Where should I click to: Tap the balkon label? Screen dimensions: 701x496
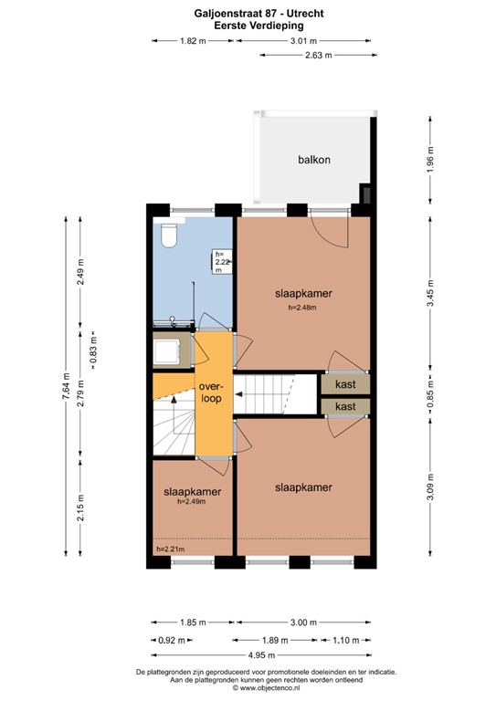pyautogui.click(x=313, y=160)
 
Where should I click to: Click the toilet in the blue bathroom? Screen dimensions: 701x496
pyautogui.click(x=168, y=236)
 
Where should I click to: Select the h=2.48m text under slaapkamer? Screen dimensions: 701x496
pyautogui.click(x=302, y=308)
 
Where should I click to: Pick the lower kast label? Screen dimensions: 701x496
pyautogui.click(x=344, y=406)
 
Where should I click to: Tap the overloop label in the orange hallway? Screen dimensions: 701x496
pyautogui.click(x=212, y=392)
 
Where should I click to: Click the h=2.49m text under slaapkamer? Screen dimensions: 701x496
pyautogui.click(x=193, y=501)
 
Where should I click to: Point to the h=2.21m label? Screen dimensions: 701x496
pyautogui.click(x=170, y=549)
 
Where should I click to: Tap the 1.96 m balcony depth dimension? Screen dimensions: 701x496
pyautogui.click(x=430, y=161)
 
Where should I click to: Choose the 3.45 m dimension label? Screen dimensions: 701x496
pyautogui.click(x=430, y=294)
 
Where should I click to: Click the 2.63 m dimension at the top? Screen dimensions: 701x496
pyautogui.click(x=316, y=55)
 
